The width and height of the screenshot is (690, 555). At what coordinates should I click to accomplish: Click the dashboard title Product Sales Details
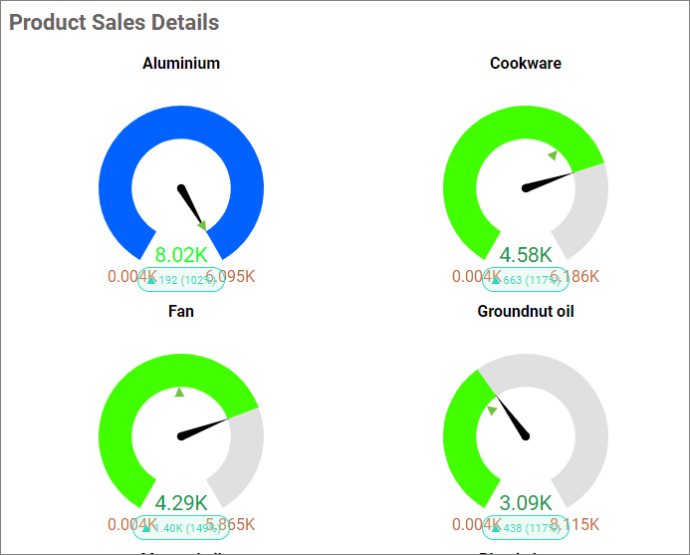coord(115,22)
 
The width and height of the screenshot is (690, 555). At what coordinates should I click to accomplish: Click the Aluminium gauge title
coord(181,63)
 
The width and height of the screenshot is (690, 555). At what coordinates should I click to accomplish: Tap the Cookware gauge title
coord(526,63)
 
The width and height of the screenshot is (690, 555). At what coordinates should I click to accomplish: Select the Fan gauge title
coord(181,311)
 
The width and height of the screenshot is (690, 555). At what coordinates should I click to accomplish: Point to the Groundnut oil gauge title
coord(526,311)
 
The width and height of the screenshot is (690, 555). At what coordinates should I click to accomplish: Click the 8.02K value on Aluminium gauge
coord(181,255)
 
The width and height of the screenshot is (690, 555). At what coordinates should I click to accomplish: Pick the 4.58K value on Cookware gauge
coord(526,255)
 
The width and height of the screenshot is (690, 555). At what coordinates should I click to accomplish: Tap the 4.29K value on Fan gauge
coord(181,503)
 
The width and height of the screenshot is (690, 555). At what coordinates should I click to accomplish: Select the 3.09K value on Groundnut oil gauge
coord(526,503)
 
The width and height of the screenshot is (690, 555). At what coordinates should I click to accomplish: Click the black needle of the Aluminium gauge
coord(191,205)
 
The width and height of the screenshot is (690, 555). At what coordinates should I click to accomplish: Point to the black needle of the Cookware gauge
coord(548,180)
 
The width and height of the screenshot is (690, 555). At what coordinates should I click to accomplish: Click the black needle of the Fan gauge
coord(203,427)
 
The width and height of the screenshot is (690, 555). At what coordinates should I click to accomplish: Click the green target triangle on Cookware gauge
coord(553,154)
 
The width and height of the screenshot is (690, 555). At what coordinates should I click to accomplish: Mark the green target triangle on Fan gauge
coord(180,393)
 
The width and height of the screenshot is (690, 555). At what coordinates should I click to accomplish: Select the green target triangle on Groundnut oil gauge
coord(491,410)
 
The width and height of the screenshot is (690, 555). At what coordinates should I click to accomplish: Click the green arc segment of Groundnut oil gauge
coord(461,438)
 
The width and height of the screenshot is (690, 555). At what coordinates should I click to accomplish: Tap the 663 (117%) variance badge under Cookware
coord(526,280)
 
